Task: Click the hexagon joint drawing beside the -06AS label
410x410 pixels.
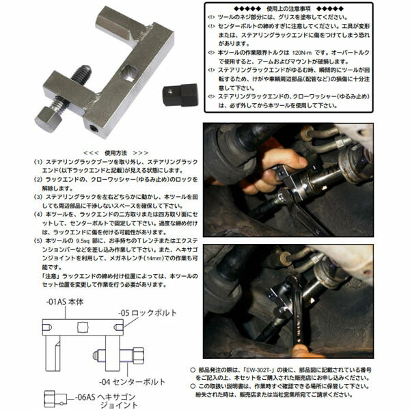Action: tap(52, 400)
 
